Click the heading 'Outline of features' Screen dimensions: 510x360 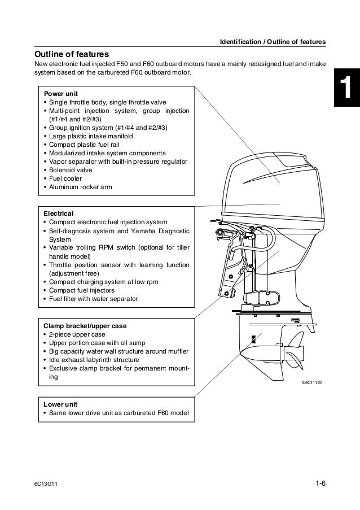pyautogui.click(x=72, y=54)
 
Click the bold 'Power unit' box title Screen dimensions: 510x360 pyautogui.click(x=61, y=93)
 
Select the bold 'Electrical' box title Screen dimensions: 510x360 pyautogui.click(x=59, y=213)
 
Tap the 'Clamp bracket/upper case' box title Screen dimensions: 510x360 pyautogui.click(x=85, y=326)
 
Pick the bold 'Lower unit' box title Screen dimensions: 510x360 pyautogui.click(x=60, y=404)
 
